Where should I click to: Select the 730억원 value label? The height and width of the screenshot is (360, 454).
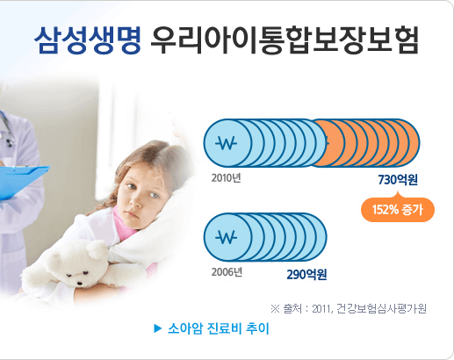pos(397,180)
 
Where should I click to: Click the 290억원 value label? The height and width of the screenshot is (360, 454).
pos(307,274)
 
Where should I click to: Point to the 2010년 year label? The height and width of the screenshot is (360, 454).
pos(226,177)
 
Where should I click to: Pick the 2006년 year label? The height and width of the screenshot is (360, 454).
pos(226,270)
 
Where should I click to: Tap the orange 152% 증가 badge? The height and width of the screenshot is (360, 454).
pos(398,209)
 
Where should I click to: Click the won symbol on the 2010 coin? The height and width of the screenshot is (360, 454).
pos(227,144)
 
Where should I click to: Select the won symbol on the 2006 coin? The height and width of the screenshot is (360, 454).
pos(227,237)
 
